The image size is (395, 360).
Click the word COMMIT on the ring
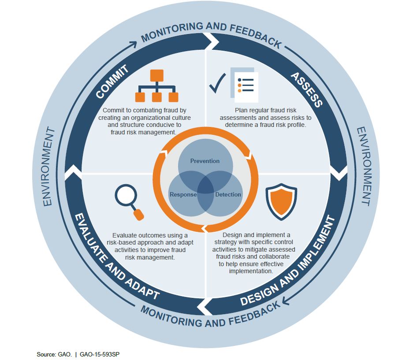(112, 81)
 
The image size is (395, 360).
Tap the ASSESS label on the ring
(306, 90)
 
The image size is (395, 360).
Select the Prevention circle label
(205, 161)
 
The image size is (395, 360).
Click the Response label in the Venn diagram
(183, 195)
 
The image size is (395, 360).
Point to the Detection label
(228, 194)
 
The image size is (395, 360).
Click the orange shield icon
(281, 201)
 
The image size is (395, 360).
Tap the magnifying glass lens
(126, 196)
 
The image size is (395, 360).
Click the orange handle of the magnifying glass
(138, 215)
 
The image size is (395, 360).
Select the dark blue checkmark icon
(218, 83)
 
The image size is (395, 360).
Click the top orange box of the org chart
(157, 75)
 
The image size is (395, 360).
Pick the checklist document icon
(244, 85)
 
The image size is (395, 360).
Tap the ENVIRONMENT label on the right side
(364, 166)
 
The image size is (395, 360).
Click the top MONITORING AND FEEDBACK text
(211, 33)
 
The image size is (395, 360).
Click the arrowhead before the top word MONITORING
(133, 44)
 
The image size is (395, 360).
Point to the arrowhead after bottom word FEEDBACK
(286, 301)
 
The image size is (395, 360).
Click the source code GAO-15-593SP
(100, 354)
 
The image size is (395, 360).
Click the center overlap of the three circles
(205, 185)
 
